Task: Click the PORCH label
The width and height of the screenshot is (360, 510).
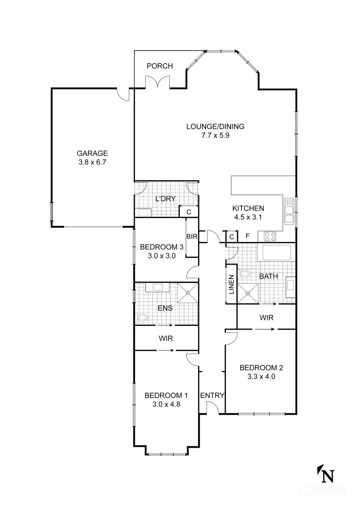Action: [159, 66]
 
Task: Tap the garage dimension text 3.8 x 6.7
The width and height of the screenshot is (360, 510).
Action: [92, 162]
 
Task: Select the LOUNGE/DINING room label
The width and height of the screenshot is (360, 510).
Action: [215, 126]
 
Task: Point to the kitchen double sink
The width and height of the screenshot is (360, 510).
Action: [289, 211]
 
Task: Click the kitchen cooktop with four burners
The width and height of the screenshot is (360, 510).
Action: [270, 237]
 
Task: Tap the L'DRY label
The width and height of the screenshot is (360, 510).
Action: [165, 199]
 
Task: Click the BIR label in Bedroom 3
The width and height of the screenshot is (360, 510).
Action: [192, 237]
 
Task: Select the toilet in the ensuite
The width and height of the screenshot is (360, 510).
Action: [141, 317]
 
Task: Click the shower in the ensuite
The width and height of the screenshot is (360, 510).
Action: [187, 293]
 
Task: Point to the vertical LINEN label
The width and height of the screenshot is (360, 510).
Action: [231, 285]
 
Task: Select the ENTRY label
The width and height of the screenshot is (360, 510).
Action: [212, 396]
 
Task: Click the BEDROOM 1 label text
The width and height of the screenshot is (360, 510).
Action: [166, 395]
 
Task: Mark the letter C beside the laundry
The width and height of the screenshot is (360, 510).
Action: [188, 212]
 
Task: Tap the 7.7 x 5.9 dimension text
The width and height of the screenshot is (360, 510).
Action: [215, 136]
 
